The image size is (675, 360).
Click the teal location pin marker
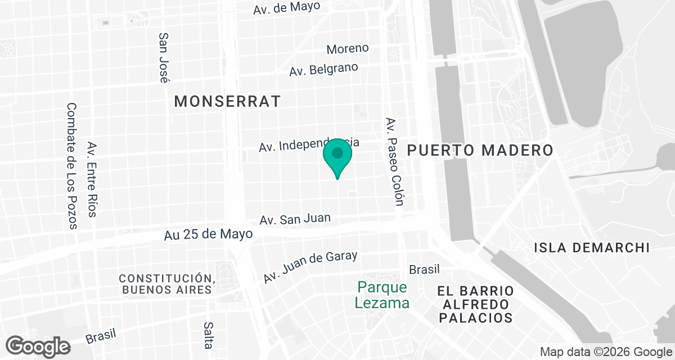click(337, 155)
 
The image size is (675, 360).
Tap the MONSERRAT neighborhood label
click(227, 101)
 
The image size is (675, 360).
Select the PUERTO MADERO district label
click(480, 150)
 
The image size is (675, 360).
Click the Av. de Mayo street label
click(286, 8)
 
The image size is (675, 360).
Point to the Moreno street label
click(348, 49)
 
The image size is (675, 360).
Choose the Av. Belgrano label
click(323, 70)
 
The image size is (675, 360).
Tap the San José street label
click(164, 57)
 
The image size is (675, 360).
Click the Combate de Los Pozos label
click(71, 166)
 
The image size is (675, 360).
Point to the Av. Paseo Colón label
click(394, 162)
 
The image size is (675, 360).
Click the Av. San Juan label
click(295, 219)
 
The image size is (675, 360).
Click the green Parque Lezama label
click(382, 295)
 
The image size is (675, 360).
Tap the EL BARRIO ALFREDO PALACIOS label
click(476, 304)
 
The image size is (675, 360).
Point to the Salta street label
click(208, 335)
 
